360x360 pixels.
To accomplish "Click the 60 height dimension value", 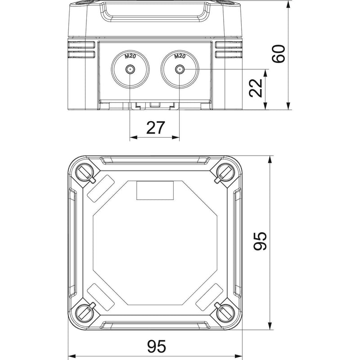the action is pyautogui.click(x=279, y=54).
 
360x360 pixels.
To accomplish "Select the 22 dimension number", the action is pyautogui.click(x=256, y=88).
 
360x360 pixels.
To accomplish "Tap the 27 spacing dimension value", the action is pyautogui.click(x=155, y=128).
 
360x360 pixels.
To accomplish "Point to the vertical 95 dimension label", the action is pyautogui.click(x=260, y=241).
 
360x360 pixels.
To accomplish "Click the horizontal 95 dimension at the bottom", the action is pyautogui.click(x=157, y=346).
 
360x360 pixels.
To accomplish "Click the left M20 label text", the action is pyautogui.click(x=130, y=56).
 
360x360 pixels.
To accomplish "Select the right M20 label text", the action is pyautogui.click(x=180, y=56).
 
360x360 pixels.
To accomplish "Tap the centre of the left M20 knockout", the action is pyautogui.click(x=130, y=69).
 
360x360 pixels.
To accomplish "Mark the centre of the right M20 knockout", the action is pyautogui.click(x=180, y=69).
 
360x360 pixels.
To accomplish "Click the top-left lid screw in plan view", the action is pyautogui.click(x=84, y=173).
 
